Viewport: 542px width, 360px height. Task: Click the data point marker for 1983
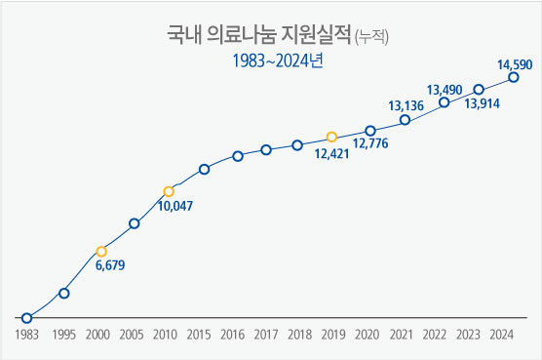tap(27, 318)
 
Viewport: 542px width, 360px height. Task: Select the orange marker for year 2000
tap(101, 251)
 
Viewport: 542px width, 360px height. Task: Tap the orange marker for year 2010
tap(169, 191)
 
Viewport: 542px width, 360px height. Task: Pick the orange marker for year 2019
tap(331, 137)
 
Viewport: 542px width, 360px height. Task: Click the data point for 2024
tap(514, 78)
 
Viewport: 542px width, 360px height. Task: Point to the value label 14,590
tap(514, 64)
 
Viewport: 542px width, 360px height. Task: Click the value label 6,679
tap(110, 265)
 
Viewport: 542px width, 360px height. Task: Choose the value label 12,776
tap(370, 144)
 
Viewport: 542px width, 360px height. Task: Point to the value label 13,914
tap(483, 103)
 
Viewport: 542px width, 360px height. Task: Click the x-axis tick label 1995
tap(63, 335)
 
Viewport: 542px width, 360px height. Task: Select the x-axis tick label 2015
tap(198, 335)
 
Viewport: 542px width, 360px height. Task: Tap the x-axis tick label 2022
tap(435, 335)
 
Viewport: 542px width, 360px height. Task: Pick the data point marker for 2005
tap(135, 223)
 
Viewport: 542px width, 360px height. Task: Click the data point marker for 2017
tap(266, 149)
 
